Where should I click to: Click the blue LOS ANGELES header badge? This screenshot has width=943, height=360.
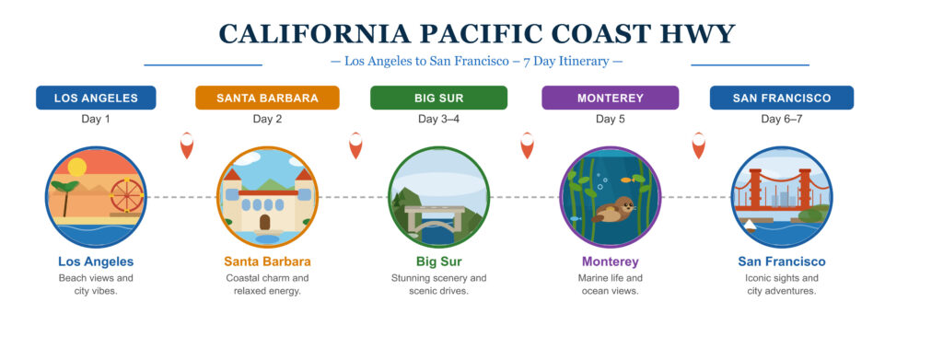(96, 98)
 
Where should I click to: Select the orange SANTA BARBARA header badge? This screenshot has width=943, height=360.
(267, 98)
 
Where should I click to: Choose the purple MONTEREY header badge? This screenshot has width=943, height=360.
(610, 98)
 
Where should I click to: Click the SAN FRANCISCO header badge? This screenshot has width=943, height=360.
(781, 98)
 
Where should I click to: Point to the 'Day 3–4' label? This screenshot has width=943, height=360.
(438, 120)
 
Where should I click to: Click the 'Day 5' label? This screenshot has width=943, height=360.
(610, 120)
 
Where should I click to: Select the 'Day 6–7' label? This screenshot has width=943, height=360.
(781, 120)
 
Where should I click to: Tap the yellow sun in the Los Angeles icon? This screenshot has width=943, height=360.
(76, 167)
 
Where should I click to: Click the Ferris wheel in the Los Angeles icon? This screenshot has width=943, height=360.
(127, 195)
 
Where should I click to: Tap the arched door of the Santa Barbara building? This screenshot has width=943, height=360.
(265, 222)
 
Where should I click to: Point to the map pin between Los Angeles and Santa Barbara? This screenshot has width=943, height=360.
(187, 145)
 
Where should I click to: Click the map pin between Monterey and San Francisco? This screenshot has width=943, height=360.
(699, 145)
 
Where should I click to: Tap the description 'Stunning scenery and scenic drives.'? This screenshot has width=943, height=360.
(438, 285)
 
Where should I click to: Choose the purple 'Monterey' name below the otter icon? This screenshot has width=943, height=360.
(610, 261)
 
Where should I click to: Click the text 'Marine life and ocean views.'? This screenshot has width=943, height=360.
(610, 285)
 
